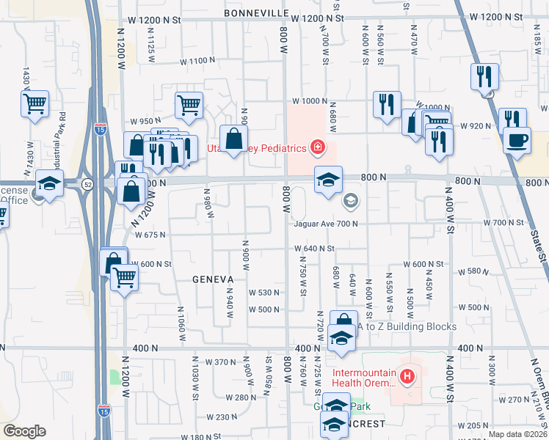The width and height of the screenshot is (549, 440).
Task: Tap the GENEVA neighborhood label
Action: (213, 279)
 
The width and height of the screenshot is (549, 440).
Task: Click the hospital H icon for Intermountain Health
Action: (407, 377)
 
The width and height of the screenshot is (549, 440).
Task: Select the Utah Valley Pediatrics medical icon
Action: (318, 148)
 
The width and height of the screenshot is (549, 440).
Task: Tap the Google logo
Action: (24, 431)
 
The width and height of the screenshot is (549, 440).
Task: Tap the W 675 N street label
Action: (150, 235)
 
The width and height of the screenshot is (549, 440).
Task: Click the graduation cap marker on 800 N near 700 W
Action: (328, 179)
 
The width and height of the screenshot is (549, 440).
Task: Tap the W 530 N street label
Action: (265, 292)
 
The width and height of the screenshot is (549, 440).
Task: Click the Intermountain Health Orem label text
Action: (365, 377)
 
